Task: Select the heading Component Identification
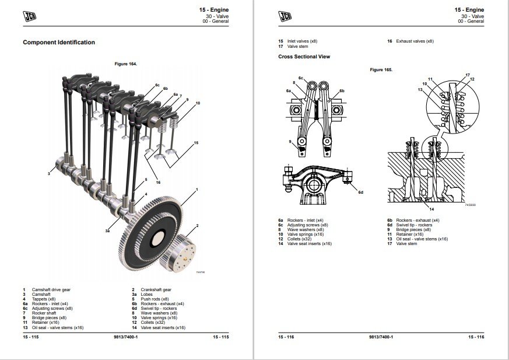(x=58, y=42)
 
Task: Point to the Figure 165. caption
(x=381, y=69)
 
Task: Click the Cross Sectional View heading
(x=304, y=57)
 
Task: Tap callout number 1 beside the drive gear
(x=197, y=190)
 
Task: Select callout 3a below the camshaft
(x=107, y=231)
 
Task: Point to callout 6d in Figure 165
(x=361, y=192)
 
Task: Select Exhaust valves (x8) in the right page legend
(x=415, y=41)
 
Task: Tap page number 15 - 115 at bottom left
(x=31, y=337)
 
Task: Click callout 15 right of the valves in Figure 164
(x=196, y=142)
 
